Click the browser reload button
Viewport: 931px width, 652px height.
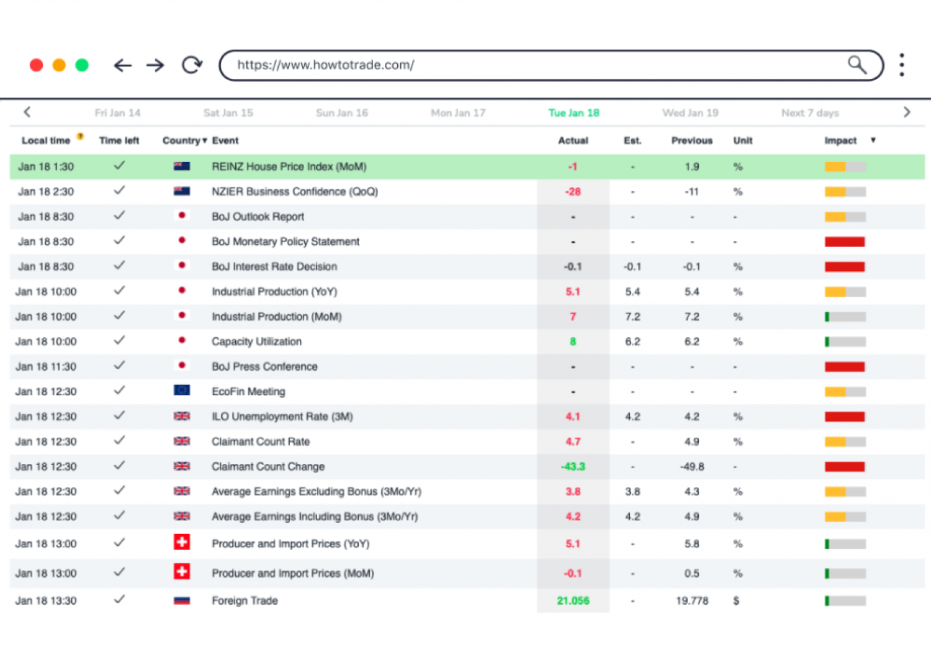point(192,65)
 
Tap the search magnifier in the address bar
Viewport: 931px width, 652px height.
point(857,65)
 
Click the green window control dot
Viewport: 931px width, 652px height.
point(82,65)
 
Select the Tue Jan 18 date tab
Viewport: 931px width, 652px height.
point(573,113)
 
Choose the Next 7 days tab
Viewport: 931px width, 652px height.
point(809,113)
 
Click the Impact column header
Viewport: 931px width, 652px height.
point(840,141)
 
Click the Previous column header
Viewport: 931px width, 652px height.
point(691,141)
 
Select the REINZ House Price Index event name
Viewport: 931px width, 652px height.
point(289,167)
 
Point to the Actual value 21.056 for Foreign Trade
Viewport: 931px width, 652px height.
point(573,601)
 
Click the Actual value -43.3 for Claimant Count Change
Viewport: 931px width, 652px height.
point(573,467)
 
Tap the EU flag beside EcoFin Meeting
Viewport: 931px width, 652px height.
point(182,391)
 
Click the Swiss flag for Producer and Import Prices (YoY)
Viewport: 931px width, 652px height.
point(182,543)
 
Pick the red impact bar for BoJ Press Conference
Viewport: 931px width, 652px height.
point(844,367)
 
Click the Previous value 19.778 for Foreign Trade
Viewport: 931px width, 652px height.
point(691,601)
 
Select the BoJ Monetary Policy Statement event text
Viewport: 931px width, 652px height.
point(285,242)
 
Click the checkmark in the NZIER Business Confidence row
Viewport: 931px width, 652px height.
point(119,191)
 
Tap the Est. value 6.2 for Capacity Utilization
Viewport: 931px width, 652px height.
point(632,342)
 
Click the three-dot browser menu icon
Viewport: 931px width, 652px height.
point(902,65)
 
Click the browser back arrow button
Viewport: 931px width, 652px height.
point(123,65)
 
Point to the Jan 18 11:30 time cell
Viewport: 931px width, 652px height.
point(46,367)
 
